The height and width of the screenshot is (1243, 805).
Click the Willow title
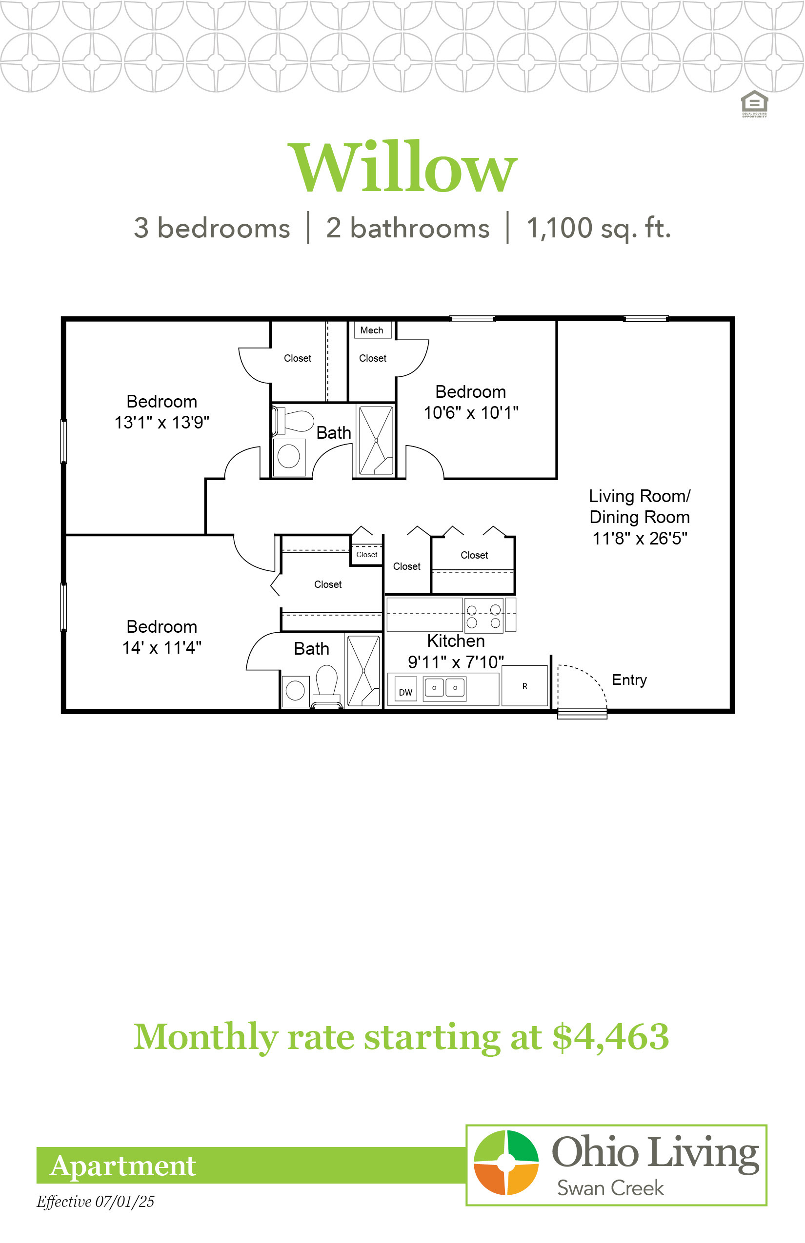click(x=402, y=167)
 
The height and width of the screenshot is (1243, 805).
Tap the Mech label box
click(x=372, y=330)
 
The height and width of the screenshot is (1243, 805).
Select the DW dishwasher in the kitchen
click(x=405, y=689)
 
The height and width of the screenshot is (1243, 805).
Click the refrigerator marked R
click(x=525, y=686)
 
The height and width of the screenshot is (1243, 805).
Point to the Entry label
click(x=629, y=680)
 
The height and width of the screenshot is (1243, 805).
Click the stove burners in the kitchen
click(x=483, y=616)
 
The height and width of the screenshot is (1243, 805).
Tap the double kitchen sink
click(x=444, y=688)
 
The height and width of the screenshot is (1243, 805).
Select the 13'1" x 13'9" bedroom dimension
click(x=162, y=422)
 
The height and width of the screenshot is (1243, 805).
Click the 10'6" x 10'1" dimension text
click(x=471, y=412)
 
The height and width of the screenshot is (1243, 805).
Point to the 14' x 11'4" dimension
click(x=162, y=648)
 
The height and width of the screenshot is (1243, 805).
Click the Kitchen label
click(x=456, y=641)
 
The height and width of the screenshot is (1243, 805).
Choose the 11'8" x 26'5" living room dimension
click(x=640, y=538)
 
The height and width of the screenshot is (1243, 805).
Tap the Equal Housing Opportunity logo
click(x=755, y=104)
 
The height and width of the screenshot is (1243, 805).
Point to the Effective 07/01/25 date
click(x=95, y=1201)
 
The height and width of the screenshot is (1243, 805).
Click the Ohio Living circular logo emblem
click(x=506, y=1162)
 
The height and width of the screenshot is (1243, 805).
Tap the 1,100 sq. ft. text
click(x=599, y=228)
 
